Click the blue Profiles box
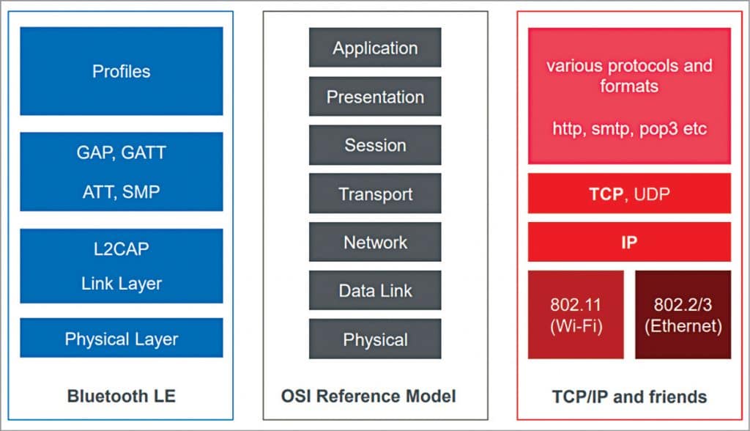pos(121,72)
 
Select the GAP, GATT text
pos(122,153)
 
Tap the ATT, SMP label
pos(122,191)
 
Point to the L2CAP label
pos(122,248)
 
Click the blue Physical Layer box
pos(121,339)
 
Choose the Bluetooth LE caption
pos(121,397)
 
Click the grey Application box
pos(375,48)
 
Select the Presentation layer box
pos(375,97)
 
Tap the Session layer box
pos(375,145)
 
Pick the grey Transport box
pos(375,194)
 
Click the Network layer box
pos(375,243)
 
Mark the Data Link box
pos(375,291)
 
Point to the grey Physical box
pos(375,339)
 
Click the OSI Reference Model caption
pos(368,397)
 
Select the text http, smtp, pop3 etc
pos(628,128)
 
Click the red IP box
pos(628,243)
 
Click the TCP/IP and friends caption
pos(629,397)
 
